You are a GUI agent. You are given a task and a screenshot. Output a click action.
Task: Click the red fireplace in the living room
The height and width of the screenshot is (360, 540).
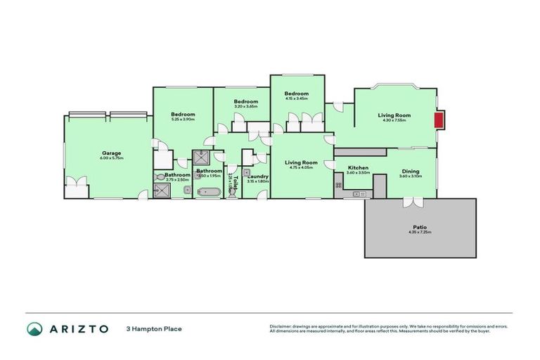point(439,121)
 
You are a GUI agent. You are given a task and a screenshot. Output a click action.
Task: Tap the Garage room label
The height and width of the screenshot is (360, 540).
point(111,153)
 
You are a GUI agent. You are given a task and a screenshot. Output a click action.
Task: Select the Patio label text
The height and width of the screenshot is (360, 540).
point(419,227)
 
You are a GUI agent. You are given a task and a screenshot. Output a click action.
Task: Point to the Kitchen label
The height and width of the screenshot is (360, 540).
point(358,168)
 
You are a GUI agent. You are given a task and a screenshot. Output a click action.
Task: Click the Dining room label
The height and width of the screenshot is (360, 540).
point(411,171)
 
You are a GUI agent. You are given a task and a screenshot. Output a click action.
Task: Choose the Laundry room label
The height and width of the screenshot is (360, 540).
point(258,176)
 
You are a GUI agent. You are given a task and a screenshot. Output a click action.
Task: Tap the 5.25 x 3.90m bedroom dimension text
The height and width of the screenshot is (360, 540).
point(183,120)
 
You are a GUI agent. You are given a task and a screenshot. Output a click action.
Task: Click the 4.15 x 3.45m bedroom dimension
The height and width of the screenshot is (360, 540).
point(297,98)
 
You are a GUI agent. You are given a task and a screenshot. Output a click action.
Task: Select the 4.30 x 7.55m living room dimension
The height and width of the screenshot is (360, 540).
point(394,120)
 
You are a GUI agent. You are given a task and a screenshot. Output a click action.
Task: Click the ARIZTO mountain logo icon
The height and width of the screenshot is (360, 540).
point(34,329)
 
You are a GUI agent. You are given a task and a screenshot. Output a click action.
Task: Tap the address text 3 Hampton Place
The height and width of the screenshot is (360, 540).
point(150,329)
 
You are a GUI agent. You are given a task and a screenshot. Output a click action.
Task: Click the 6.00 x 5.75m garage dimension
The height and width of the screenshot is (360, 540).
point(111,158)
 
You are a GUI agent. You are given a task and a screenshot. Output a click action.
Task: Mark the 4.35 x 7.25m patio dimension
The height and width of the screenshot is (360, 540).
point(419,232)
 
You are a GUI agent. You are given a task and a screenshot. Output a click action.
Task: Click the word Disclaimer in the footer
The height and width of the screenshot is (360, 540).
point(280,326)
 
